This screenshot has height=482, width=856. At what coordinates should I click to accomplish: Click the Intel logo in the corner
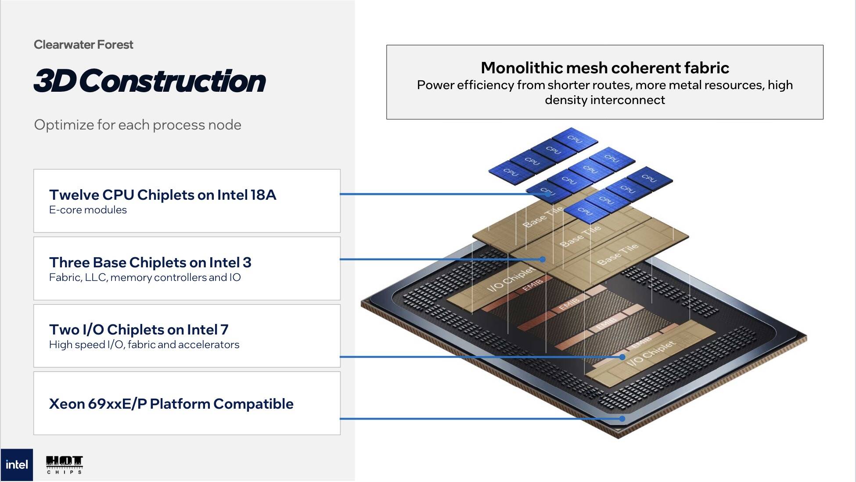click(17, 465)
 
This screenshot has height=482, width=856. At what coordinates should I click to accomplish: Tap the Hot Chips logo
click(64, 465)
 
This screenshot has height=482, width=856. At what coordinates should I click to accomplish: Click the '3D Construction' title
click(150, 81)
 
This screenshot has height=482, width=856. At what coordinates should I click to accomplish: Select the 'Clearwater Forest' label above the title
click(83, 45)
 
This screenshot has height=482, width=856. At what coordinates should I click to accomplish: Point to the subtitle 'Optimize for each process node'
click(137, 125)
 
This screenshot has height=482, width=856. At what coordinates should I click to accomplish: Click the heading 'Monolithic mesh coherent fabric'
click(605, 68)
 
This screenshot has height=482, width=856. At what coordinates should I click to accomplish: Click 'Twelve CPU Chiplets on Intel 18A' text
click(163, 194)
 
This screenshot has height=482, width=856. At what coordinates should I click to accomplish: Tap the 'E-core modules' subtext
click(88, 210)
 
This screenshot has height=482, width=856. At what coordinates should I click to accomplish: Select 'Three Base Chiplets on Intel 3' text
click(150, 262)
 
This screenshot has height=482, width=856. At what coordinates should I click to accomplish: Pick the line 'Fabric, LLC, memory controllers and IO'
click(145, 277)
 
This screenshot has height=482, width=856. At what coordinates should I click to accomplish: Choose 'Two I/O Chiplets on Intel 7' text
click(139, 329)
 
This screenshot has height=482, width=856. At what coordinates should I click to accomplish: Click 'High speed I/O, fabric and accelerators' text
click(144, 345)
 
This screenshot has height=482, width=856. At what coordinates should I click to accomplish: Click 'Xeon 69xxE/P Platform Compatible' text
click(171, 404)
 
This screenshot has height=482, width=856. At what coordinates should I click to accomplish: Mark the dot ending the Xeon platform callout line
click(622, 419)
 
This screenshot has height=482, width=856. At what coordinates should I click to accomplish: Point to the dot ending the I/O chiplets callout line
click(622, 357)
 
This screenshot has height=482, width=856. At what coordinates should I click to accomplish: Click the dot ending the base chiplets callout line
click(543, 259)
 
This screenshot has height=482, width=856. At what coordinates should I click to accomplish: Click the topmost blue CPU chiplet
click(575, 139)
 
